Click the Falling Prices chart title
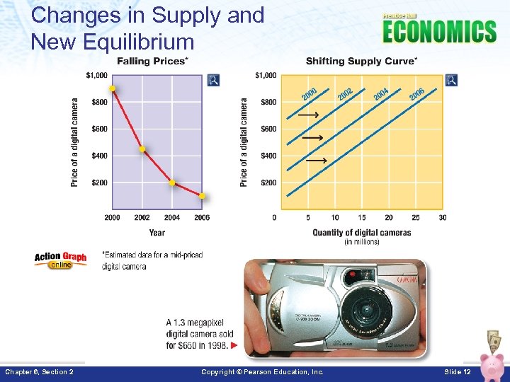point(152,62)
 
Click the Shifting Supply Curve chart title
point(361,62)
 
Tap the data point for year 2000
point(113,88)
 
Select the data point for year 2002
point(142,149)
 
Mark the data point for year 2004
point(172,183)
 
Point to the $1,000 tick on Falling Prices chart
point(97,75)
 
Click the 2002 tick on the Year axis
point(142,218)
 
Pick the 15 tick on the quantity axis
point(362,218)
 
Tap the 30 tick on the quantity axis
point(443,218)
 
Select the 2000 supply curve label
point(309,93)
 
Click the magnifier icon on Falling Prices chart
point(213,80)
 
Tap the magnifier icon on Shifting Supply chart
point(451,80)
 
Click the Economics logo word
point(439,32)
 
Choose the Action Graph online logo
point(60,260)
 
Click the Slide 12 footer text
point(457,372)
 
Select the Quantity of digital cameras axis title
point(361,233)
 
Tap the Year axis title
point(157,232)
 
